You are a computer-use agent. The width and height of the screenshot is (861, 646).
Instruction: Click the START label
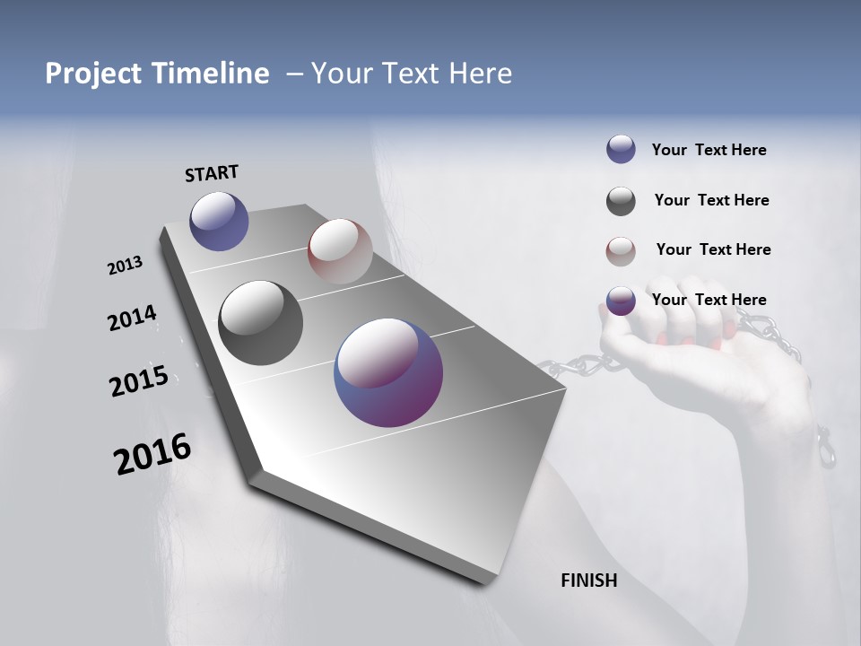coord(212,173)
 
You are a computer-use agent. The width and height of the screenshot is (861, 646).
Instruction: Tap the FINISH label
coord(588,581)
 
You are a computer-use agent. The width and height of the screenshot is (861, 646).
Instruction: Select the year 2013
coord(125,266)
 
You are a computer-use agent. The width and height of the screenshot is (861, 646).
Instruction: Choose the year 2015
coord(138,380)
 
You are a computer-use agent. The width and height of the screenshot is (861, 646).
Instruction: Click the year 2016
coord(152,454)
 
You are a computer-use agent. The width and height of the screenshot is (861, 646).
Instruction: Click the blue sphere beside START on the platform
coord(219,221)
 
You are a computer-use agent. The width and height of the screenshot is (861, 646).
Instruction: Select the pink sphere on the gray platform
coord(340,250)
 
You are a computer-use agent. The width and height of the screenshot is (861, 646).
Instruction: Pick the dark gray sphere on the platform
coord(260,323)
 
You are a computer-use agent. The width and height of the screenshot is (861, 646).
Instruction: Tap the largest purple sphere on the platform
coord(388,372)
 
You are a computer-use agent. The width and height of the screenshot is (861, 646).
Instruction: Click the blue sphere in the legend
coord(621,149)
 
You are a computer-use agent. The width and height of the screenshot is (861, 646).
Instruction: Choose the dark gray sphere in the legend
coord(621,201)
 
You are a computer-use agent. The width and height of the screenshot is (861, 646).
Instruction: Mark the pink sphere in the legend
coord(621,251)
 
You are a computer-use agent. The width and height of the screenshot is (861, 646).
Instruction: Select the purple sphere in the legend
coord(621,301)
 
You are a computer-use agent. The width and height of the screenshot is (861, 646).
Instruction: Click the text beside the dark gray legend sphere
coord(711,200)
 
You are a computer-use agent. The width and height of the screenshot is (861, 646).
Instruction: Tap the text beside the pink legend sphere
coord(713,249)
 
